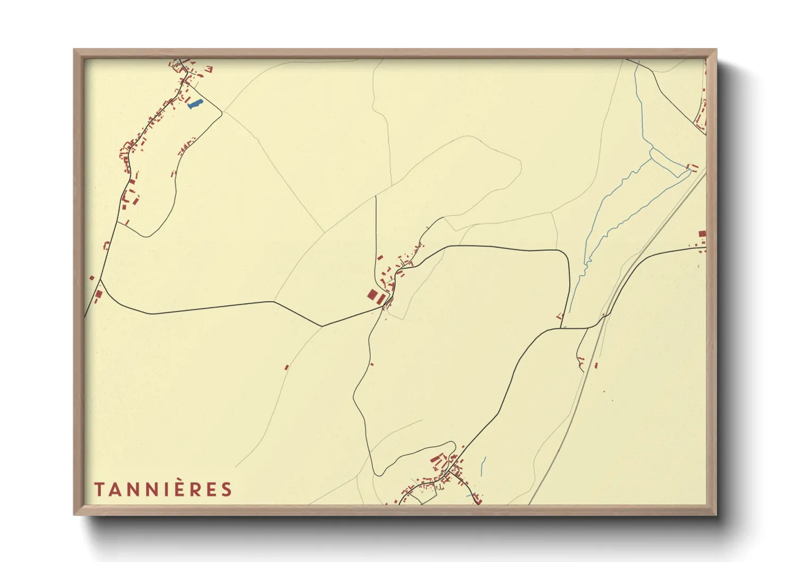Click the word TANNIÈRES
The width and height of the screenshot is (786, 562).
click(163, 489)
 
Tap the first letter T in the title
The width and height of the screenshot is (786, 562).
click(99, 489)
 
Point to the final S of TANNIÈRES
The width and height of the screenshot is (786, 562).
click(227, 489)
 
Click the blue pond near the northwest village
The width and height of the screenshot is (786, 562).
click(195, 104)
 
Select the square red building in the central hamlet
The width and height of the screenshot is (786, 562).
click(374, 296)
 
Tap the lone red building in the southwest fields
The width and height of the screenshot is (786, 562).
click(286, 367)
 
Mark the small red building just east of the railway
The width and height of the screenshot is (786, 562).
click(596, 365)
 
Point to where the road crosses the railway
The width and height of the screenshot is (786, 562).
click(603, 318)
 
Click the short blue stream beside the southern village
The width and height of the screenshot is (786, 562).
click(483, 466)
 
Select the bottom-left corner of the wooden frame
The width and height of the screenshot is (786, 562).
click(74, 514)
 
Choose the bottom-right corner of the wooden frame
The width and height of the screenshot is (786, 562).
click(716, 514)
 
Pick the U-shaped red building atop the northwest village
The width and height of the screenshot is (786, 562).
click(209, 69)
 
